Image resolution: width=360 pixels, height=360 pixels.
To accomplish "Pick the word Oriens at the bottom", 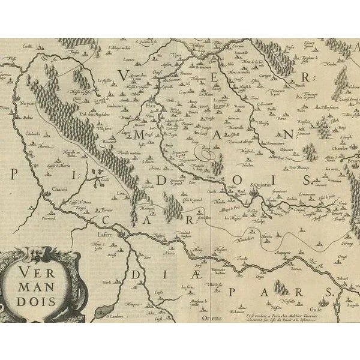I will click(x=212, y=317).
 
